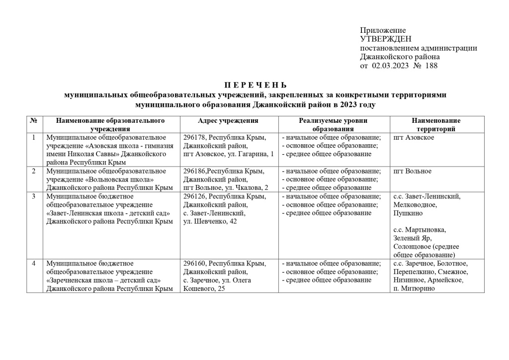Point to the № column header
pos(34,121)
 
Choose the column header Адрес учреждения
pos(228,121)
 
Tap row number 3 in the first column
pos(34,196)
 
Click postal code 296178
pos(194,137)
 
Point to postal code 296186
pos(194,171)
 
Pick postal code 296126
pos(194,196)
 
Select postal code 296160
pos(194,264)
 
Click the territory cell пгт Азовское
pos(413,137)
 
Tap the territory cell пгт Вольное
pos(412,171)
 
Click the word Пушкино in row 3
pos(408,213)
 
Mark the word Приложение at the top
pos(383,31)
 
